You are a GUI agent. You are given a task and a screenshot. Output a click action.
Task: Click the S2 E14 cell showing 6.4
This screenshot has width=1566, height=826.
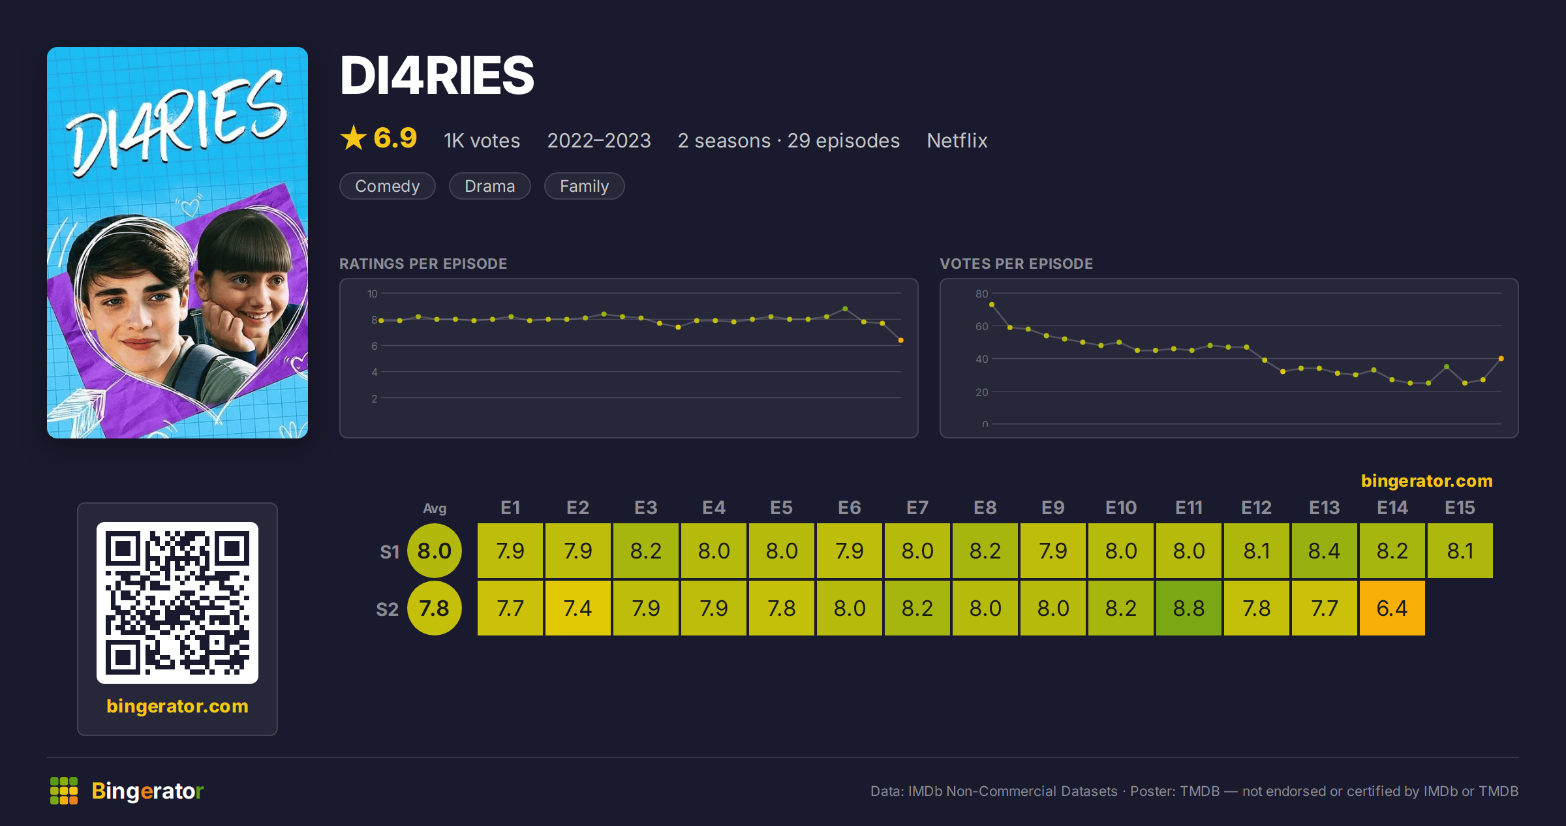1392,608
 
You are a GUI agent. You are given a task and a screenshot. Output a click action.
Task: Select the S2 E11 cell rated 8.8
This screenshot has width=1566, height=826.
1188,608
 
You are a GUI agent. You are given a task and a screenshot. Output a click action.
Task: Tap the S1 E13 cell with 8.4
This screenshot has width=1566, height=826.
1324,551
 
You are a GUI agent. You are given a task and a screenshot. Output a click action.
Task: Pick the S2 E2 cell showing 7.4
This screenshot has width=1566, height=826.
577,608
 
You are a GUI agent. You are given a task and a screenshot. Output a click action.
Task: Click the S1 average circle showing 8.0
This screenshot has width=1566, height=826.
435,551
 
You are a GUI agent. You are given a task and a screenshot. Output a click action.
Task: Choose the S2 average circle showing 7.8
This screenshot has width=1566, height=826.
435,608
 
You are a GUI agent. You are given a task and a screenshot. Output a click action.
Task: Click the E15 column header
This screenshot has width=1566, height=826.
1460,508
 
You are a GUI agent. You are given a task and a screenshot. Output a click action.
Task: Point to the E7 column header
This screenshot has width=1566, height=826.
917,508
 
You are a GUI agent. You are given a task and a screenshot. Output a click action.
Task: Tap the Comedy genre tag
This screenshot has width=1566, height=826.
388,186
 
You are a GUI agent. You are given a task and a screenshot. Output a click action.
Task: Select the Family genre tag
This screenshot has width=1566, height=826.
585,186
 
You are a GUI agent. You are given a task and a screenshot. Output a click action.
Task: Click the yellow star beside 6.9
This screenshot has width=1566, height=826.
354,138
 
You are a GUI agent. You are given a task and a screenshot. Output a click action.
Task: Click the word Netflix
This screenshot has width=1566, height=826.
957,140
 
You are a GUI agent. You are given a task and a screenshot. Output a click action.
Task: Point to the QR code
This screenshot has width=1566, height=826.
177,602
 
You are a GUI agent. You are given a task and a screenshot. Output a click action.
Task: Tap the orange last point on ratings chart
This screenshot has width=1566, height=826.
901,341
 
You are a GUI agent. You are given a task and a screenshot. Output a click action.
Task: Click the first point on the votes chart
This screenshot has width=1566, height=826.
992,305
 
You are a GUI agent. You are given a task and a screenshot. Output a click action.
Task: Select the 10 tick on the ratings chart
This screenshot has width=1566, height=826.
373,294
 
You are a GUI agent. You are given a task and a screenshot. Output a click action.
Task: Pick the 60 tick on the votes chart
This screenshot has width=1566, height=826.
982,326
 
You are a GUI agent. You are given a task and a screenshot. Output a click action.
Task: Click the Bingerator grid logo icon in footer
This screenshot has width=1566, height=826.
64,791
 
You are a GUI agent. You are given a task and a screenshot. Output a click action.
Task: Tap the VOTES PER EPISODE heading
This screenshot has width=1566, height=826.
1016,264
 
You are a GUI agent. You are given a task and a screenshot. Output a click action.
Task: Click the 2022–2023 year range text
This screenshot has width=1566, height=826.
599,140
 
